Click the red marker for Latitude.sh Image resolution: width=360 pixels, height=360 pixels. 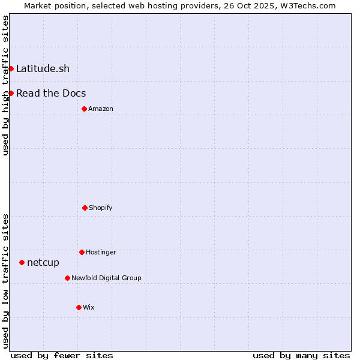point(11,68)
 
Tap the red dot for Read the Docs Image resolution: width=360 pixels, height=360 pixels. point(11,93)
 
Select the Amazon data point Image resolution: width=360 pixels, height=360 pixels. point(84,109)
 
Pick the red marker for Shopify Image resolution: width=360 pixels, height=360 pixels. point(85,208)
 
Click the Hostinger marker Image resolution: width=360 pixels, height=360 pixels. point(82,252)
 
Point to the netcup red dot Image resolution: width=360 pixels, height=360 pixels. point(22,262)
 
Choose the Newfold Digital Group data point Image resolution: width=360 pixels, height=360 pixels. point(67,278)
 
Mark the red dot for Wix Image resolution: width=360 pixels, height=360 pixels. point(79,307)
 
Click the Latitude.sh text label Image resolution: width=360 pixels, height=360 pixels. point(43,68)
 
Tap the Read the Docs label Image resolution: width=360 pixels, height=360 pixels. point(51,93)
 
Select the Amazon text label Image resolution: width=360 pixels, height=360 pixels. point(101,109)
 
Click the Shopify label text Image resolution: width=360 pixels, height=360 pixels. point(101,208)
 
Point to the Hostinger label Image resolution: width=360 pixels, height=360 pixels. point(101,252)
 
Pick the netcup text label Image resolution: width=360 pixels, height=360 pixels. point(43,262)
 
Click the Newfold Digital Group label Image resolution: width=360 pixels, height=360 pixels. point(106,278)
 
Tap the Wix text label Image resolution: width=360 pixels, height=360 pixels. point(89,307)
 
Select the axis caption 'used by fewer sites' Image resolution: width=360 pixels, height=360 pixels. point(62,355)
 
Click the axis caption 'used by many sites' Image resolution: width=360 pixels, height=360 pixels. point(301,355)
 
